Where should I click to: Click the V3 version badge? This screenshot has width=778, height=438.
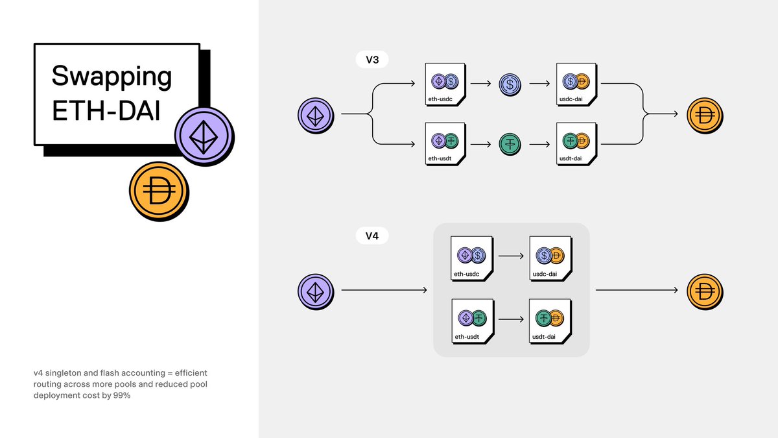coord(372,60)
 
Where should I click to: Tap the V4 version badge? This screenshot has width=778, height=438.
coord(372,236)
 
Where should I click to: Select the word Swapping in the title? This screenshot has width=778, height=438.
coord(112,77)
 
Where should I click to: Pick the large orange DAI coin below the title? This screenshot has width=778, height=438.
coord(158,193)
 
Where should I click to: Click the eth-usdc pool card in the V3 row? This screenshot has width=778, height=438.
coord(445,84)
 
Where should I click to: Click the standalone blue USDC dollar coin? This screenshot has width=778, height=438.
coord(510,84)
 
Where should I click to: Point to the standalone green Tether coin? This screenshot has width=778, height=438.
coord(510,143)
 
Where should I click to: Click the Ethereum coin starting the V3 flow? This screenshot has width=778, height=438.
coord(315,115)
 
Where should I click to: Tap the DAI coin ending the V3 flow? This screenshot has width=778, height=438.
coord(704,115)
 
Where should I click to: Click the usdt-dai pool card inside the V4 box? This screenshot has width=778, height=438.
coord(550,320)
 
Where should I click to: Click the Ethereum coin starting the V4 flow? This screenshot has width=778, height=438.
coord(315,290)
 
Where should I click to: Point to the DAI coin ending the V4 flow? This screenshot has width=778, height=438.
coord(704,290)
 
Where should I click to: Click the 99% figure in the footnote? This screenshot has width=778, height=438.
coord(122,395)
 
